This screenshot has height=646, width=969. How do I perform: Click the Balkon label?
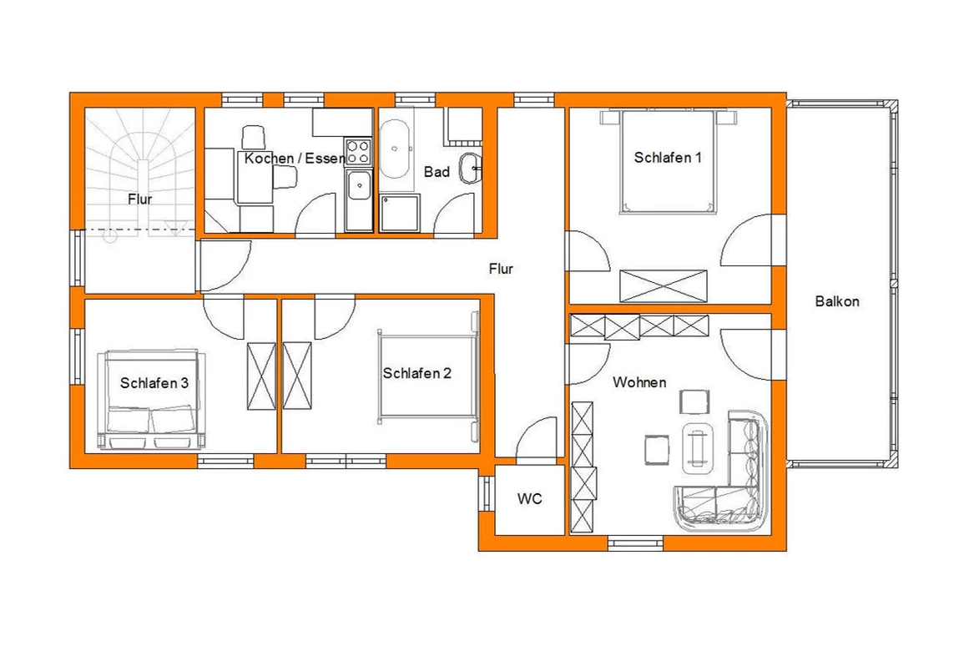(837, 301)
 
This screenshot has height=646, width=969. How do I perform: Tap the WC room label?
(530, 499)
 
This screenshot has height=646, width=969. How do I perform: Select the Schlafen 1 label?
(668, 158)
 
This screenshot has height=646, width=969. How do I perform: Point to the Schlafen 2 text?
(416, 373)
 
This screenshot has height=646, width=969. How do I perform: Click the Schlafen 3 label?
(154, 383)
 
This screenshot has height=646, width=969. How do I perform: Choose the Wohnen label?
(639, 382)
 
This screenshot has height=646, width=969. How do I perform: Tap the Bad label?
(437, 172)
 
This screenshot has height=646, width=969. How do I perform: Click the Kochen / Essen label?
(294, 159)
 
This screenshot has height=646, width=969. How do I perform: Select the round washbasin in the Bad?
(470, 168)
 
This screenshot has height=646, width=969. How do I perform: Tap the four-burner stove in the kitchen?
(358, 152)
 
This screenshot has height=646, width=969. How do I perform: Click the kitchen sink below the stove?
(358, 199)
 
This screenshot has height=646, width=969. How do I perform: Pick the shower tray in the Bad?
(400, 214)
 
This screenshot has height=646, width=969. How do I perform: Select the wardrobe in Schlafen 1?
(663, 285)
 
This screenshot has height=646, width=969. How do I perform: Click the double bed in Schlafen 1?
(668, 161)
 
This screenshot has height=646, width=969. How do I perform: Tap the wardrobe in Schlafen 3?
(261, 376)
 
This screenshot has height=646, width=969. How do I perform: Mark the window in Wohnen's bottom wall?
(637, 543)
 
